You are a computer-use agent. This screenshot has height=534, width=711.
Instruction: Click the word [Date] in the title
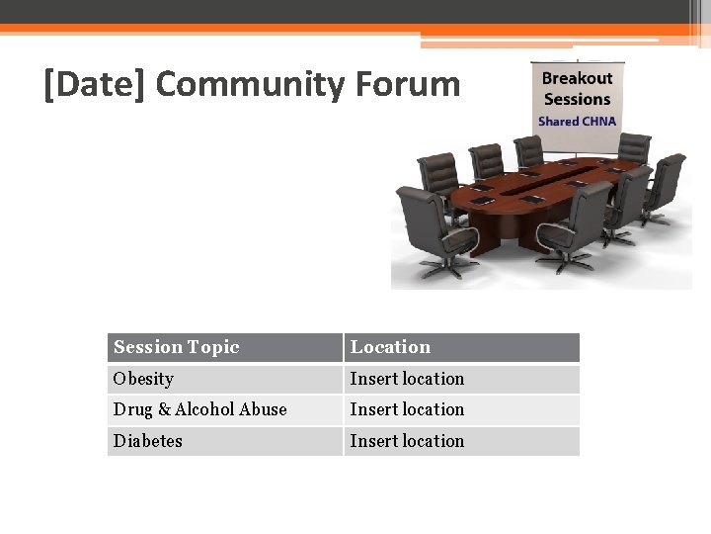click(95, 85)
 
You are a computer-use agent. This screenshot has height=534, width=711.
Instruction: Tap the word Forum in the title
click(408, 85)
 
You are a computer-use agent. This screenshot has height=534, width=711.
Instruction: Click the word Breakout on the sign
click(577, 78)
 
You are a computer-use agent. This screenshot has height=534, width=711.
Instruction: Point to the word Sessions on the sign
click(577, 99)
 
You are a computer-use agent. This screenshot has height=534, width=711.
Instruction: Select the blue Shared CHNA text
click(577, 122)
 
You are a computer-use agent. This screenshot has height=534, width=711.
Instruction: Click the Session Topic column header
click(177, 347)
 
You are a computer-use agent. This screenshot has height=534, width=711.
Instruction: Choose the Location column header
click(390, 347)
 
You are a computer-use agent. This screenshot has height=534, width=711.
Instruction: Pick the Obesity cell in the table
click(143, 379)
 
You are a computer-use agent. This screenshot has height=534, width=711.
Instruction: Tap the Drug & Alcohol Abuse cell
click(199, 409)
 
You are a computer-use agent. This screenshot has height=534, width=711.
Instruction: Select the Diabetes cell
click(147, 441)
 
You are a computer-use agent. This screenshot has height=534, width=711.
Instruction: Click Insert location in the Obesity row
click(407, 379)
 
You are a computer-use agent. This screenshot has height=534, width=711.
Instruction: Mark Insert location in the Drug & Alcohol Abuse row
click(407, 409)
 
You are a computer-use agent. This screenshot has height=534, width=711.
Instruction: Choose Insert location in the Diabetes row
click(407, 441)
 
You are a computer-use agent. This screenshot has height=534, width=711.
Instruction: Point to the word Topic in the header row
click(213, 347)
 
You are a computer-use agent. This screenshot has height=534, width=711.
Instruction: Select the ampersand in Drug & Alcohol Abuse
click(164, 409)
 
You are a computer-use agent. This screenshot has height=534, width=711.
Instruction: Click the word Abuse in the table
click(264, 409)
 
